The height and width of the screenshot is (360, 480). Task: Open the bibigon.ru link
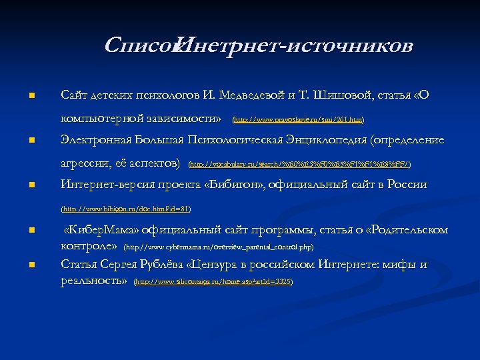pyautogui.click(x=126, y=209)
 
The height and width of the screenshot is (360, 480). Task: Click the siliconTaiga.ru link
pyautogui.click(x=213, y=282)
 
